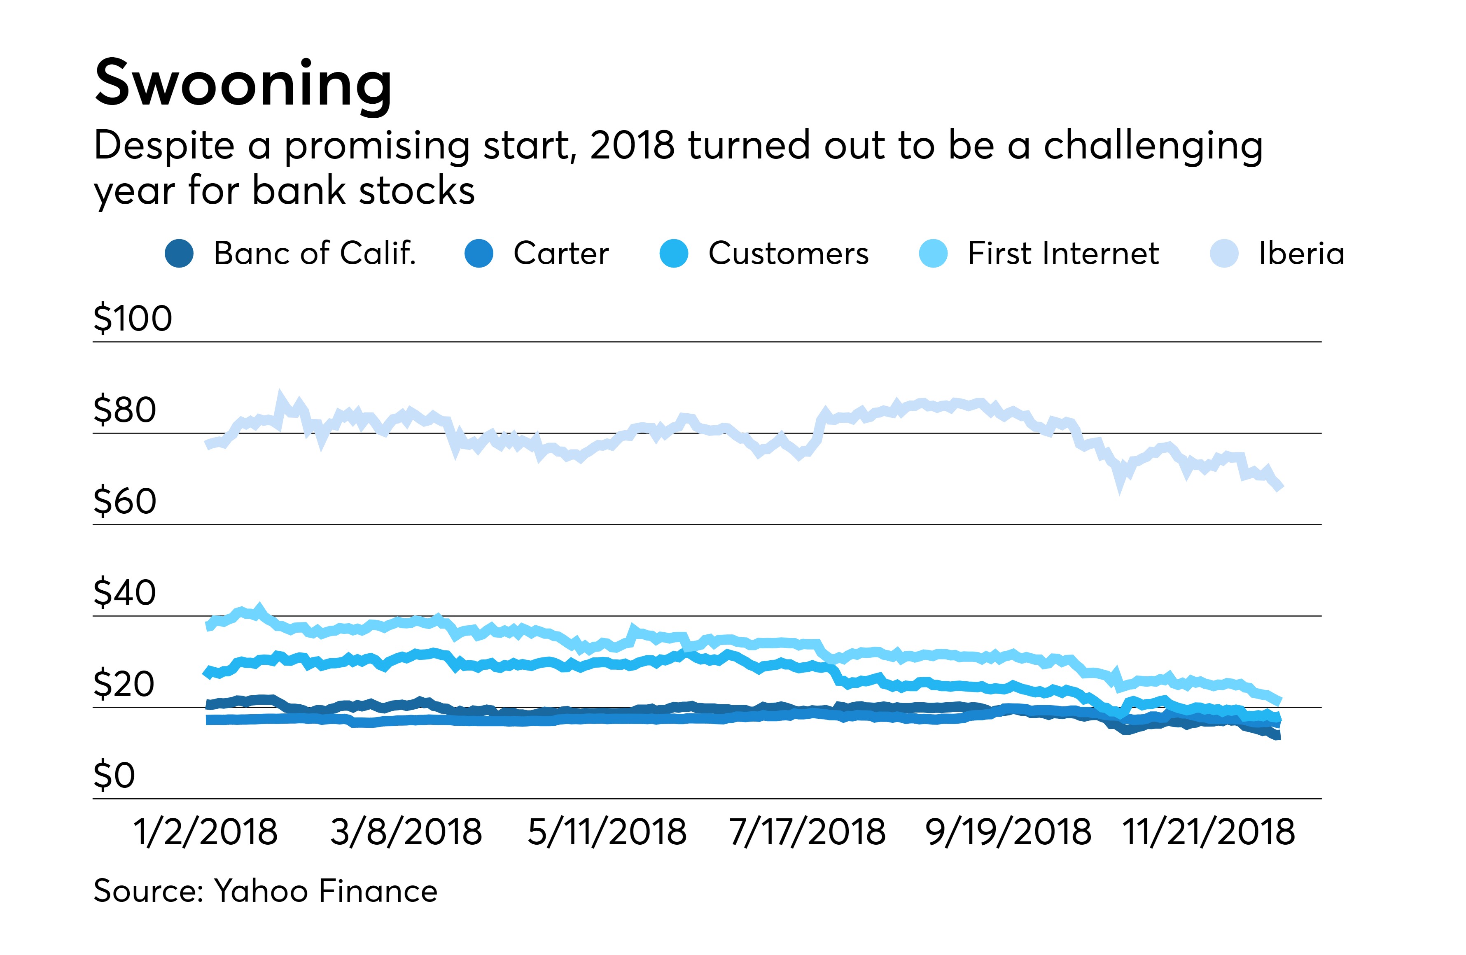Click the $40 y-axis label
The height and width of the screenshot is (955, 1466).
click(x=124, y=592)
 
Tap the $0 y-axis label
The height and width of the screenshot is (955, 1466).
click(x=114, y=775)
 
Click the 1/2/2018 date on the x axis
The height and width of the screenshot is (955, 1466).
click(x=206, y=832)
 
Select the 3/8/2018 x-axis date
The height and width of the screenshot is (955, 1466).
click(x=406, y=832)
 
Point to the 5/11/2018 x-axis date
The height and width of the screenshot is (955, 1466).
click(x=607, y=832)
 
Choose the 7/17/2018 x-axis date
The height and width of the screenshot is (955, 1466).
click(x=807, y=832)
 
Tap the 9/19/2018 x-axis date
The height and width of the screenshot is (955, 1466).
click(x=1008, y=832)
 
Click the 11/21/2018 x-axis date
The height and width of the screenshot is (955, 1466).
click(x=1209, y=832)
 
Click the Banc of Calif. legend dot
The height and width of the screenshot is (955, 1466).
click(x=179, y=254)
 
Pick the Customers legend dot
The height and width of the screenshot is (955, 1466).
click(x=674, y=254)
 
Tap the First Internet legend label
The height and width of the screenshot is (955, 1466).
click(x=1063, y=254)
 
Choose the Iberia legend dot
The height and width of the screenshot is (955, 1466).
click(x=1224, y=254)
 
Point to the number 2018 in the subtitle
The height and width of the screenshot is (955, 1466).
click(x=632, y=146)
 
